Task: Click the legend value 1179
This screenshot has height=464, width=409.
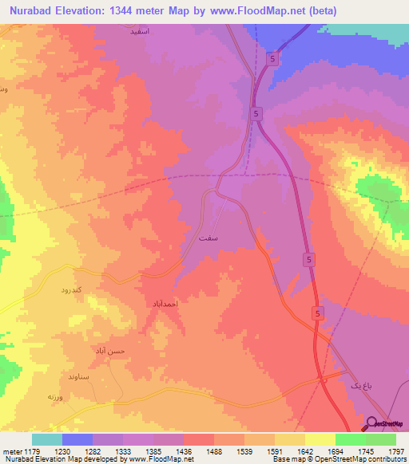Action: [x=40, y=450]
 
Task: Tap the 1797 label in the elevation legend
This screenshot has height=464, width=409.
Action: [x=396, y=450]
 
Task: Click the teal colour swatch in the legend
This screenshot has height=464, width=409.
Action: [x=47, y=439]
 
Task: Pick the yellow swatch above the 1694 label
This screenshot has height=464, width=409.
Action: [x=320, y=439]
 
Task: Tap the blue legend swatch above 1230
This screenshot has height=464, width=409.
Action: [x=77, y=439]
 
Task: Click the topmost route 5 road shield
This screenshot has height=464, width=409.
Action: [x=273, y=59]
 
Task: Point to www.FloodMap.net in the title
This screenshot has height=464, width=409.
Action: [x=251, y=11]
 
